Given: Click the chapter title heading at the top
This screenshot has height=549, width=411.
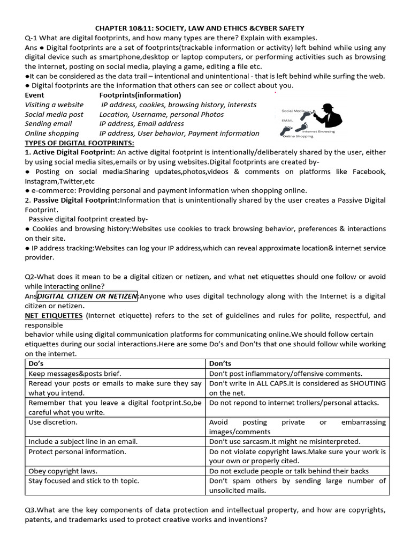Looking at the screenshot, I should [207, 28].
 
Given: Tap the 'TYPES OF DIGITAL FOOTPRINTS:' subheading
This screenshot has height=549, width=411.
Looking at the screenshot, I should [79, 143].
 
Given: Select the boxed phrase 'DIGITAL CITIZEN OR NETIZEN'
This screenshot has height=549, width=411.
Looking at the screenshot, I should [88, 296].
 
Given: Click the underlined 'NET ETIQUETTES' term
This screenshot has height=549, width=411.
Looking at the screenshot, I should [54, 316].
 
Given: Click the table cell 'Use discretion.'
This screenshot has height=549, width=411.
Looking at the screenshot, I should [53, 422].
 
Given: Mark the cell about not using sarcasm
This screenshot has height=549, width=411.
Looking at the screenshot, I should [285, 441].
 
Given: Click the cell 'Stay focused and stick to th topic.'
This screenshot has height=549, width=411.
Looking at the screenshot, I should [83, 480].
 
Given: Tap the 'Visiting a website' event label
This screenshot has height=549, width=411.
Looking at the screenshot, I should [54, 105].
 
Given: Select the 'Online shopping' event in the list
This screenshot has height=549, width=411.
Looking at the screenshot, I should [51, 133].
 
